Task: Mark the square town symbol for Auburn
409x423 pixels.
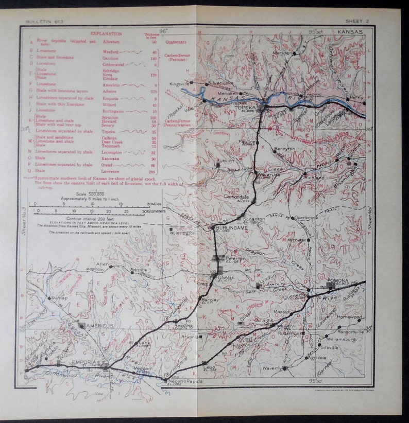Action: point(217,165)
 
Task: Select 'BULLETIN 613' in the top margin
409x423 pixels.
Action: point(42,22)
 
